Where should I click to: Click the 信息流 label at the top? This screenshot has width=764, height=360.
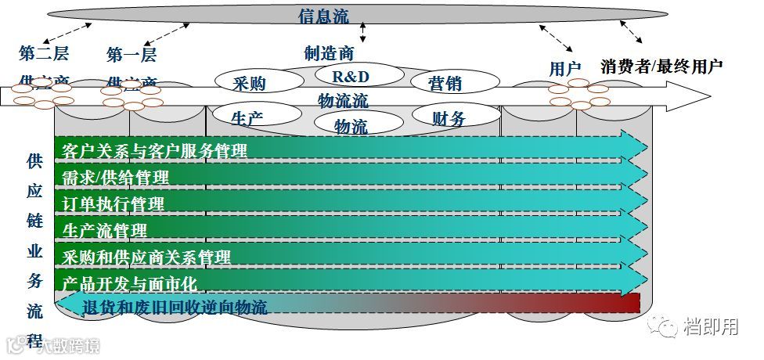(x=323, y=16)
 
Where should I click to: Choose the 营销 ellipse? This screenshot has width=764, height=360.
(x=454, y=82)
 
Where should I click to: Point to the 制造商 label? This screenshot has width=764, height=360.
(x=329, y=53)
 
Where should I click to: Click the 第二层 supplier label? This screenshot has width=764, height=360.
(x=44, y=55)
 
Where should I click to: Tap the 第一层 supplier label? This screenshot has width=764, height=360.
(x=132, y=55)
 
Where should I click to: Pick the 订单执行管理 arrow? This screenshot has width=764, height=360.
(x=352, y=203)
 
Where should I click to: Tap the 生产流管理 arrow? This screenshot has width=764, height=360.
(x=352, y=230)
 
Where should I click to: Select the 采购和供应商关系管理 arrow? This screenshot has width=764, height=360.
(x=352, y=256)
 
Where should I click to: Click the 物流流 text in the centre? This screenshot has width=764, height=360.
(x=343, y=100)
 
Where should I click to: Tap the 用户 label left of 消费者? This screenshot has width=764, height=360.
(x=564, y=69)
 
